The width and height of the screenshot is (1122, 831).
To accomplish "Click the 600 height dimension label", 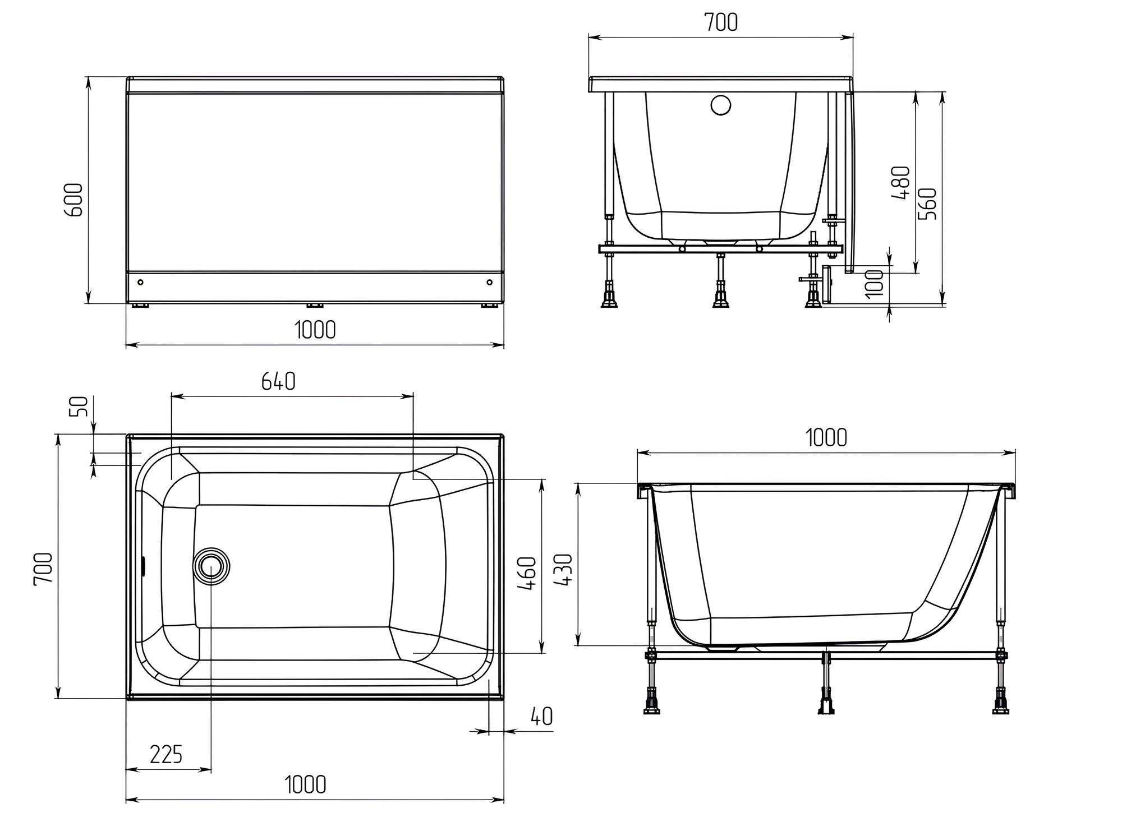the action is (x=75, y=199).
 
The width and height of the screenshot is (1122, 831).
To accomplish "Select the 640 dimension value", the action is (x=278, y=382).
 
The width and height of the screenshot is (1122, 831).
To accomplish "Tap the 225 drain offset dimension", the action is (x=166, y=754).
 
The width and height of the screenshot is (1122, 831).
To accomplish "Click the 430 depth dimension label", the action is (x=563, y=570).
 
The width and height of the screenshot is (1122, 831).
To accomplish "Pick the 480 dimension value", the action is (x=900, y=183).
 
